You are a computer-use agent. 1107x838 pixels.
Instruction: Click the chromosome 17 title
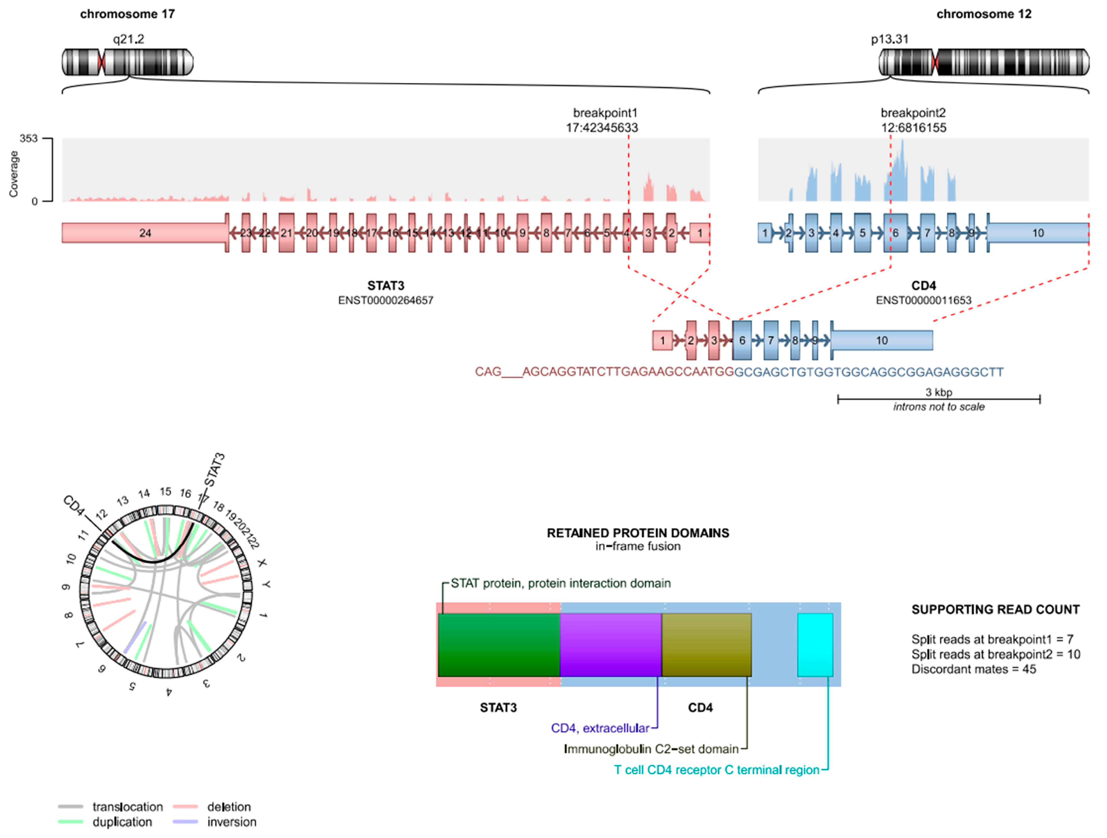(x=127, y=14)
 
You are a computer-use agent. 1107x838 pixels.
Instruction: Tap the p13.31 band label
(x=889, y=39)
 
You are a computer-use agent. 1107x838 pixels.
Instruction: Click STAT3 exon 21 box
(x=286, y=233)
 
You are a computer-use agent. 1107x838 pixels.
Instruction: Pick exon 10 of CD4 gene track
(x=1038, y=233)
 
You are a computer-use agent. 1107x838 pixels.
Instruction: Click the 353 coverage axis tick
(x=29, y=138)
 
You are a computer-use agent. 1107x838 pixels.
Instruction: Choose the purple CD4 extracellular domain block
(x=611, y=645)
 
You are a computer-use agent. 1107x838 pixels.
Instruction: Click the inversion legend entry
(x=231, y=822)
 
